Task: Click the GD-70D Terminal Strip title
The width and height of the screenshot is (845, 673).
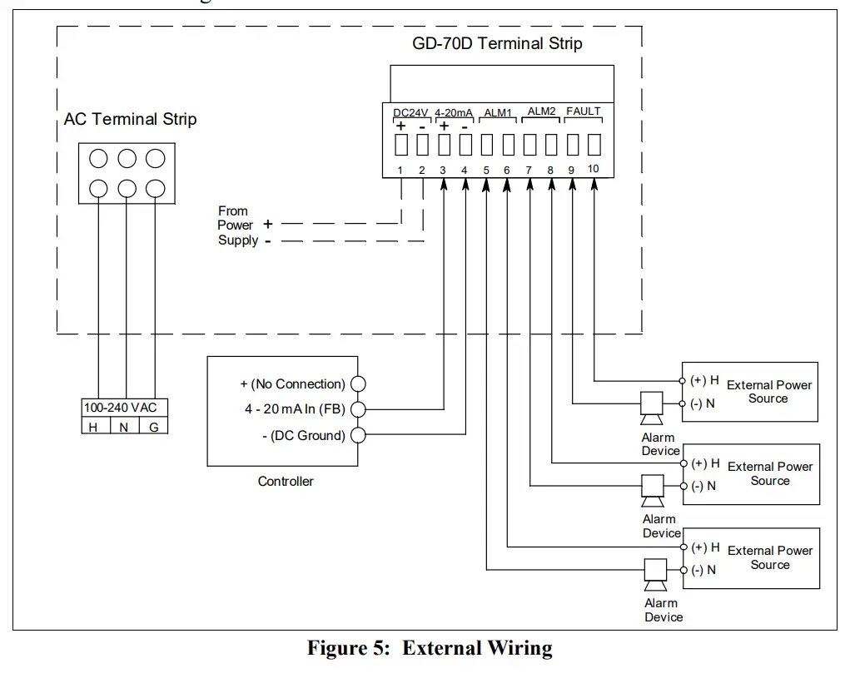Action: click(x=497, y=43)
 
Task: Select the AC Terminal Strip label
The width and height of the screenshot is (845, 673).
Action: click(x=130, y=119)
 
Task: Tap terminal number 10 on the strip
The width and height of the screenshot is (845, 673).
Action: click(x=593, y=170)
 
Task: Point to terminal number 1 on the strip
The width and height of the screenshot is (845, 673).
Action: click(x=400, y=171)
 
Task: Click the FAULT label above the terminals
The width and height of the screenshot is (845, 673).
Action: click(x=583, y=111)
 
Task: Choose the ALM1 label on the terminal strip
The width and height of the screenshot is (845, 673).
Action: click(x=497, y=112)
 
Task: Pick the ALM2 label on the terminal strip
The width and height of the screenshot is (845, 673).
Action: click(x=541, y=111)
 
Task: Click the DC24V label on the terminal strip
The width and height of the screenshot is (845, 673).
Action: click(x=410, y=112)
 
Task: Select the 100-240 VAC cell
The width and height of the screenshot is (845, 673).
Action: click(x=120, y=408)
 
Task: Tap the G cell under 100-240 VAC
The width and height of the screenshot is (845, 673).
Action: click(x=153, y=427)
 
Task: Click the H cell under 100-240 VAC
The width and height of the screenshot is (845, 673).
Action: click(x=92, y=427)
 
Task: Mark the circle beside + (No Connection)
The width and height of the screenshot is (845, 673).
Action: click(x=359, y=384)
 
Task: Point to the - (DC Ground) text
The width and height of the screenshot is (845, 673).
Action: click(x=303, y=435)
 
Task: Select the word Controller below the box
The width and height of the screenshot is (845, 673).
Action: click(x=286, y=481)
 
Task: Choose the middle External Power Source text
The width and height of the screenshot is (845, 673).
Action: click(x=769, y=473)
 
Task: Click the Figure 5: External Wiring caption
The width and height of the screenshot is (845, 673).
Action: click(x=429, y=648)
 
